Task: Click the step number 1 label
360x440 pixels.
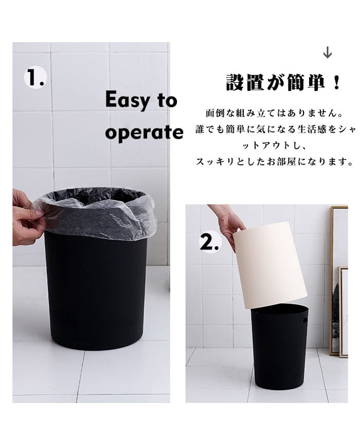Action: coord(34,78)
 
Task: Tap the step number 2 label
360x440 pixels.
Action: coord(209,243)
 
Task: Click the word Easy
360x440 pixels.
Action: coord(128,100)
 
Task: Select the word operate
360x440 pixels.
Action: coord(144,132)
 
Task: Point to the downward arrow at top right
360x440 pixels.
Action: coord(328,53)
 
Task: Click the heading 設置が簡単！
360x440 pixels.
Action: coord(283,82)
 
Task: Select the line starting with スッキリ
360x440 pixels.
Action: coord(274,161)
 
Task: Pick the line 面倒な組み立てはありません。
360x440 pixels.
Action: coord(274,114)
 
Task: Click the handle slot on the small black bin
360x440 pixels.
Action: coord(305,320)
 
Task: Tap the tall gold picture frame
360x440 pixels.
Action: coord(338,281)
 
